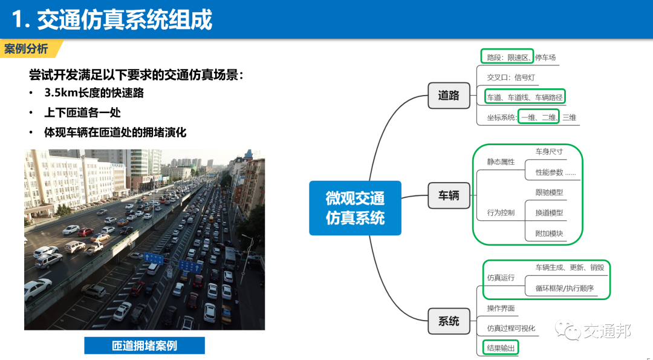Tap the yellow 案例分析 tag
point(27,48)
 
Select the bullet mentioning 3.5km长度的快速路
point(94,93)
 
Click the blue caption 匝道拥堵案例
point(145,345)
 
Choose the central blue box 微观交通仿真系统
point(355,208)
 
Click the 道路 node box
point(449,95)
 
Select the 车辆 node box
point(449,195)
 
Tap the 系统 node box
point(449,321)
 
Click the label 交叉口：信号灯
point(511,77)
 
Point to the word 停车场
point(545,57)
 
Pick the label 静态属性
point(501,162)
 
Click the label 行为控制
point(501,212)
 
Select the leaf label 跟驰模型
point(549,192)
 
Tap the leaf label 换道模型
point(549,212)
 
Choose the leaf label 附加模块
point(549,233)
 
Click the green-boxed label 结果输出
point(501,348)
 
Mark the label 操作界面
point(501,308)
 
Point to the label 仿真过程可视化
point(511,328)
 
